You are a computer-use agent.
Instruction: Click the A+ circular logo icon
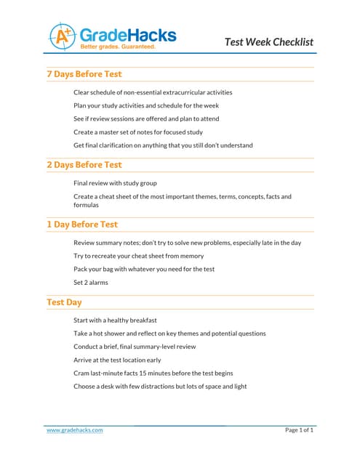[62, 35]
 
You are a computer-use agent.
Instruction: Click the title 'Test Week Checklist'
[269, 41]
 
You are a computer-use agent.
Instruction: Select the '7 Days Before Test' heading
[84, 74]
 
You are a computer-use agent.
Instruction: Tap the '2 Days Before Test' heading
[84, 165]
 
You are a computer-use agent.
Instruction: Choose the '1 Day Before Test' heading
[81, 225]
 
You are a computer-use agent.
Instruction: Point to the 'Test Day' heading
[64, 302]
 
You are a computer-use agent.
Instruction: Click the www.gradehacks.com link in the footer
[74, 430]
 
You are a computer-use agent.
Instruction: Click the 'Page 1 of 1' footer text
[299, 430]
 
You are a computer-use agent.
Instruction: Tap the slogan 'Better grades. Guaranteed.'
[118, 46]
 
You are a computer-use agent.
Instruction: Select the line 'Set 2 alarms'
[91, 283]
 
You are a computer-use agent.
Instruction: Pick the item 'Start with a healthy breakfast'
[115, 320]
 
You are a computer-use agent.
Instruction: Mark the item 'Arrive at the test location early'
[118, 360]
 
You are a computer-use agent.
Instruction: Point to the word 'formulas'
[86, 205]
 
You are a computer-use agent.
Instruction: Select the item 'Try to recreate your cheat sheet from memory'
[138, 256]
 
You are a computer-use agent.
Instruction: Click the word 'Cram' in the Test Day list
[81, 373]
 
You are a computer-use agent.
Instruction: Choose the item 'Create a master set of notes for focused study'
[138, 132]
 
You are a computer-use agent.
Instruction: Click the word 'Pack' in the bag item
[81, 270]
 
